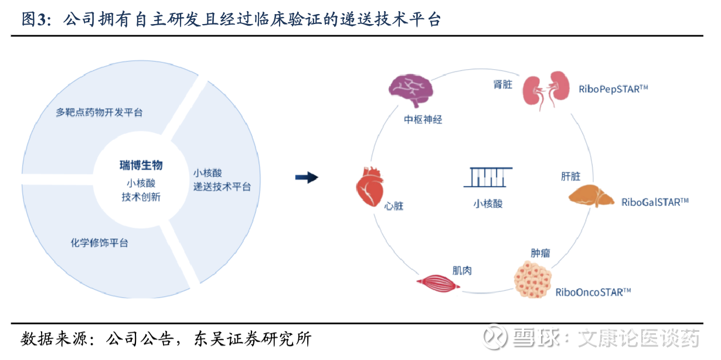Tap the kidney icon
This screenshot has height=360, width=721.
click(546, 90)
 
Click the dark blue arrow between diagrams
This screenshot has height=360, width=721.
click(306, 177)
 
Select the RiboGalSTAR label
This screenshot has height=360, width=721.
click(655, 202)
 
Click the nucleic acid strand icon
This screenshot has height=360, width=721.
click(488, 176)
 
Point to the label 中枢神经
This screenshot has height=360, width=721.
click(423, 120)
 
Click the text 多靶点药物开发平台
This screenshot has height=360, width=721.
click(99, 112)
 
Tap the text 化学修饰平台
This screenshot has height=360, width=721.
click(99, 242)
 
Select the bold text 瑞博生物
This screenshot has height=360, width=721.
click(141, 166)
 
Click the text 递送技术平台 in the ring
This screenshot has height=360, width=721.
click(222, 186)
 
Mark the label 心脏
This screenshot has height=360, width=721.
click(394, 206)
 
